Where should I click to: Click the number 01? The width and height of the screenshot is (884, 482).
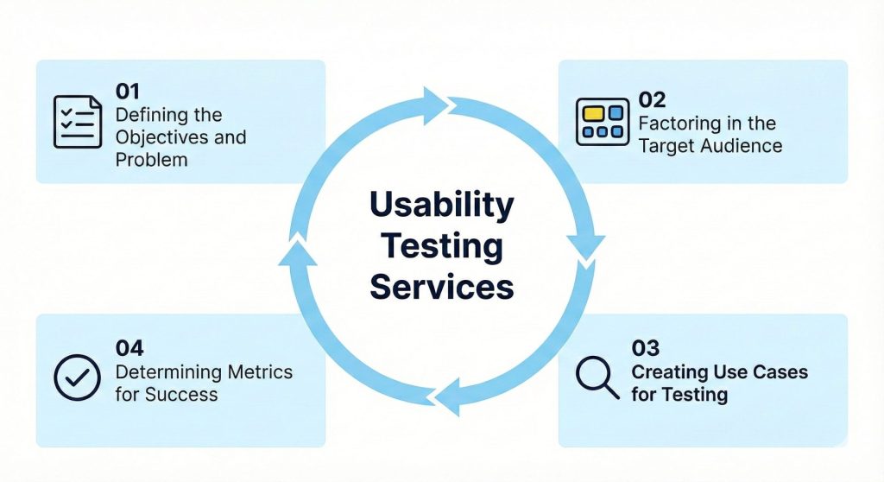click(129, 92)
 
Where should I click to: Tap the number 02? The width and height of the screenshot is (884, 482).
click(653, 100)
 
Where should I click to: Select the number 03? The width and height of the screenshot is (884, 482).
click(646, 348)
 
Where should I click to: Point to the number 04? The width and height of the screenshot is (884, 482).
click(129, 348)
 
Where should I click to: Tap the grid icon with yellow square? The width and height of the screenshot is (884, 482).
click(603, 122)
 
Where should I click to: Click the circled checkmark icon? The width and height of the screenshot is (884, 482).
click(78, 377)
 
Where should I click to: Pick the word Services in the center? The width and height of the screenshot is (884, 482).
click(441, 286)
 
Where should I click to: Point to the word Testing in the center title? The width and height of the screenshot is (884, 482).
click(441, 246)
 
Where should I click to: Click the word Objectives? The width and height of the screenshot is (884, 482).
click(161, 137)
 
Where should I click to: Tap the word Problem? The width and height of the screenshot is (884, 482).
click(151, 160)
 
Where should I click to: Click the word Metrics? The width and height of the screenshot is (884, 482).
click(260, 372)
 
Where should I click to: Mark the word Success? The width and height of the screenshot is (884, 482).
click(182, 395)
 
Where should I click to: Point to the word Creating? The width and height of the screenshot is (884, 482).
click(671, 372)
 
